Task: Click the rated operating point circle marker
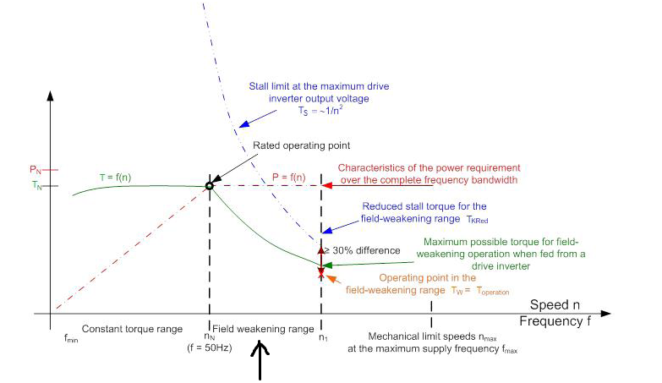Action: [209, 186]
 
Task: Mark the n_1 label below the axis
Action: [321, 338]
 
